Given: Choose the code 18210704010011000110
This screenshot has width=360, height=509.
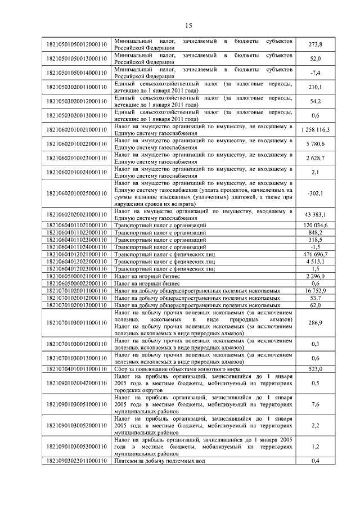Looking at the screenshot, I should tap(77, 369).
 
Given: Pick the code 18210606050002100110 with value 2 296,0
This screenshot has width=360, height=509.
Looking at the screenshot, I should tap(77, 276).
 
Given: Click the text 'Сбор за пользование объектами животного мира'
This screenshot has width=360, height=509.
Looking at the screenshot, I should tap(177, 369).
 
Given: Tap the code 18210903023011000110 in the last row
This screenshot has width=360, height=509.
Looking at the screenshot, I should tap(77, 461).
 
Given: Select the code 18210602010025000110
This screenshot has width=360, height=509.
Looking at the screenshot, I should tap(77, 193).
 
